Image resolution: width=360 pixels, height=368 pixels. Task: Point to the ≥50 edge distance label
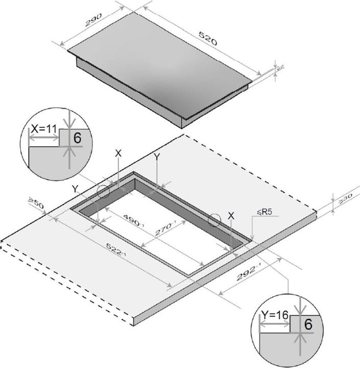pyautogui.click(x=36, y=205)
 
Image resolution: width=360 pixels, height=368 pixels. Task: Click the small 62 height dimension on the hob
pyautogui.click(x=279, y=67)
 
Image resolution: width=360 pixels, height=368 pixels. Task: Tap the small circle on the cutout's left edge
pyautogui.click(x=104, y=192)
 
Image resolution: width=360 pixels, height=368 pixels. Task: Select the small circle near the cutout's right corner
pyautogui.click(x=214, y=220)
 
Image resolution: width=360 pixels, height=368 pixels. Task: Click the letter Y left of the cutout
pyautogui.click(x=75, y=189)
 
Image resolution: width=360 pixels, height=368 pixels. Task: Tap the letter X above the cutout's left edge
pyautogui.click(x=118, y=153)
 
